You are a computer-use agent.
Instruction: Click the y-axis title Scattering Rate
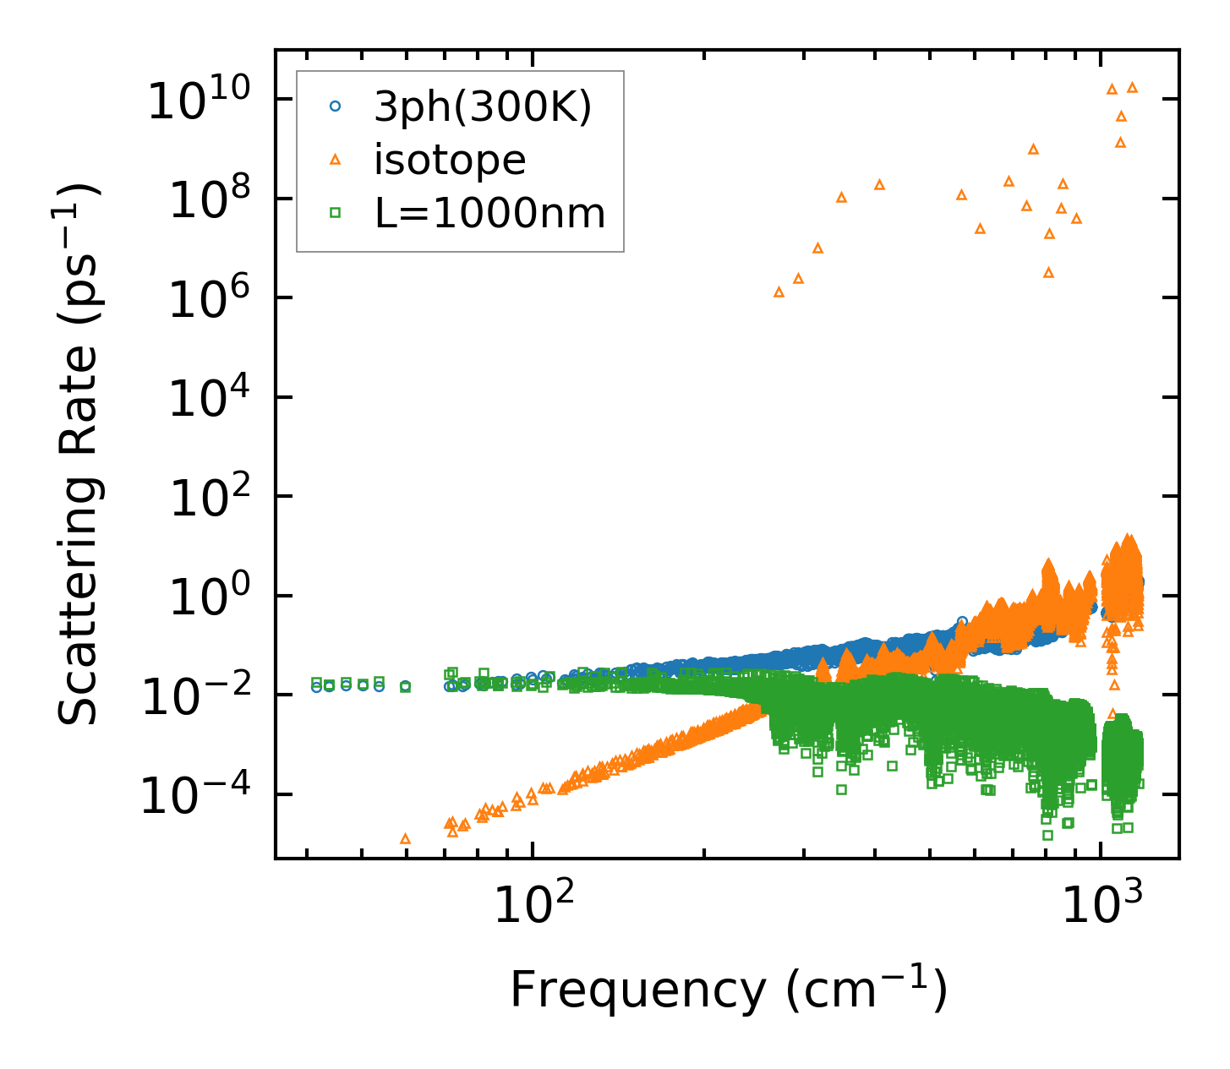pos(79,454)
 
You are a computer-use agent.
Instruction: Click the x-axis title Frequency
pos(727,990)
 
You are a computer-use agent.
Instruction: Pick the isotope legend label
pos(450,160)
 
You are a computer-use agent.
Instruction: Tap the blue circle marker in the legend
pos(336,106)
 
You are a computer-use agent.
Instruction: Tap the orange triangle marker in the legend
pos(336,159)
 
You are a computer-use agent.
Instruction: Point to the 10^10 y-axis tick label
pos(202,101)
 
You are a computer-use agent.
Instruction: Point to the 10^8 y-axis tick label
pos(211,201)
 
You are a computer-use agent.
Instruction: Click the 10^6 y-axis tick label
pos(211,300)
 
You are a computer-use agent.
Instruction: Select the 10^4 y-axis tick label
pos(211,400)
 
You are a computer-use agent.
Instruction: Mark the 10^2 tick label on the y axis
pos(211,499)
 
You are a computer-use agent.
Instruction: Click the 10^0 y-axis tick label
pos(211,598)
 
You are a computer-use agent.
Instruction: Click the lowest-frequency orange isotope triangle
pos(405,839)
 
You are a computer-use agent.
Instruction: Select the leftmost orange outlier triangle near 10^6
pos(779,292)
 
